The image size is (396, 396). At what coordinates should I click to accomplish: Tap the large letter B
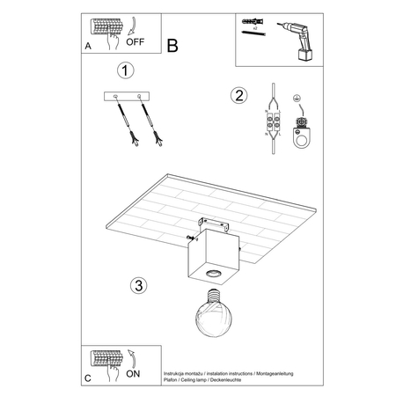click(172, 44)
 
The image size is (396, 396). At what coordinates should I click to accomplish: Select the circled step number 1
click(128, 70)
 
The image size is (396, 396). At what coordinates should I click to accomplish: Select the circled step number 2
click(237, 95)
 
